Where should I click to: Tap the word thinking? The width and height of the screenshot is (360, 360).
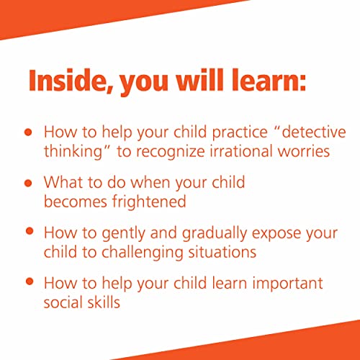point(73,152)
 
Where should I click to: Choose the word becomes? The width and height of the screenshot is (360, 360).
point(73,201)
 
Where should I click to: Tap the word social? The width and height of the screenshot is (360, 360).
point(63,301)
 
